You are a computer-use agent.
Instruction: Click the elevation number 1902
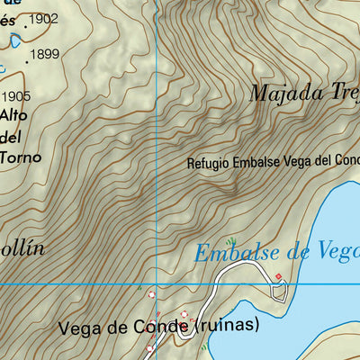pos(44,18)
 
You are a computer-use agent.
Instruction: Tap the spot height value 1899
pos(44,55)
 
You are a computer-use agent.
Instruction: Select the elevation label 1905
pos(16,96)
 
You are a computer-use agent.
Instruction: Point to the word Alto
pos(13,115)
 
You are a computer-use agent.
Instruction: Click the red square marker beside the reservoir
pos(278,276)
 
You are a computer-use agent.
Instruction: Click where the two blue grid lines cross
pos(157,285)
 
